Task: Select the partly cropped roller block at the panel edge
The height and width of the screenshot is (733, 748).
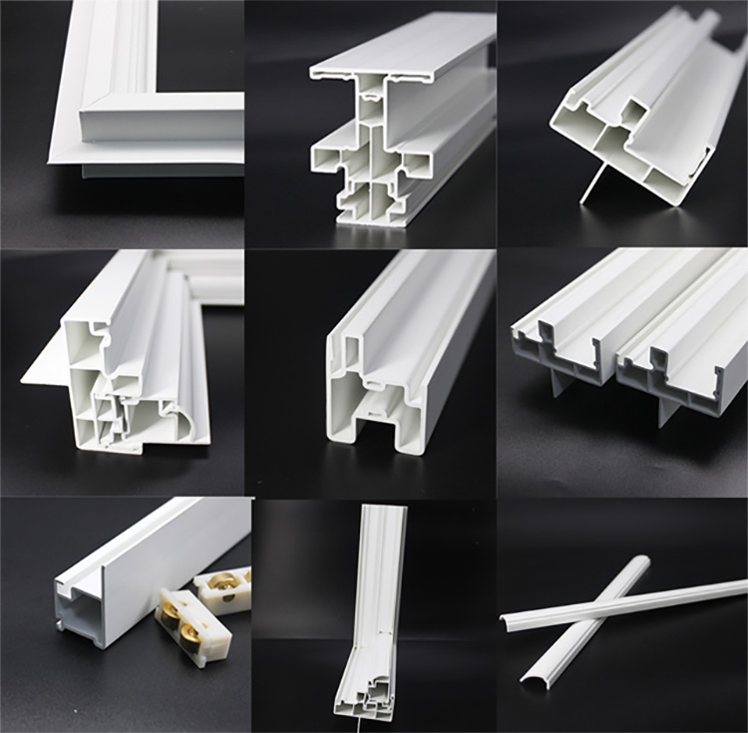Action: pyautogui.click(x=225, y=588)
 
